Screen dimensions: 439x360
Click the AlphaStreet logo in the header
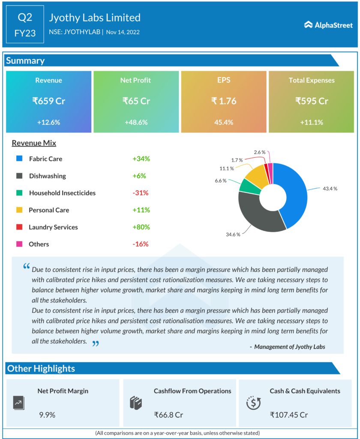click(328, 25)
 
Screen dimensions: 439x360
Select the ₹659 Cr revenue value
click(48, 101)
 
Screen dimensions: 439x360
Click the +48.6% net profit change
click(136, 122)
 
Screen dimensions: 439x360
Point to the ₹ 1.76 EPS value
click(224, 101)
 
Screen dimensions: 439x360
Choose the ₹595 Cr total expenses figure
click(312, 101)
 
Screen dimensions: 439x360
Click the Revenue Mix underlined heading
click(34, 143)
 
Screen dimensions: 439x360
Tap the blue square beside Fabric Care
click(19, 159)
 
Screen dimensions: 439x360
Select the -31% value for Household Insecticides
click(140, 193)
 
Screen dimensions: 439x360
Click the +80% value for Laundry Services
click(141, 227)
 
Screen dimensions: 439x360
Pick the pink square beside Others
click(19, 244)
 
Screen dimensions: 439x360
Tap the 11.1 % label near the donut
click(226, 168)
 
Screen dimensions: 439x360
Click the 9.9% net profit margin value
click(47, 415)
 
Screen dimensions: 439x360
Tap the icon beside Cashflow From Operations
click(135, 403)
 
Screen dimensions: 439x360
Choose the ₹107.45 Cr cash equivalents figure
click(289, 415)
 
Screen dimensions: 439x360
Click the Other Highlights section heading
click(41, 368)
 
